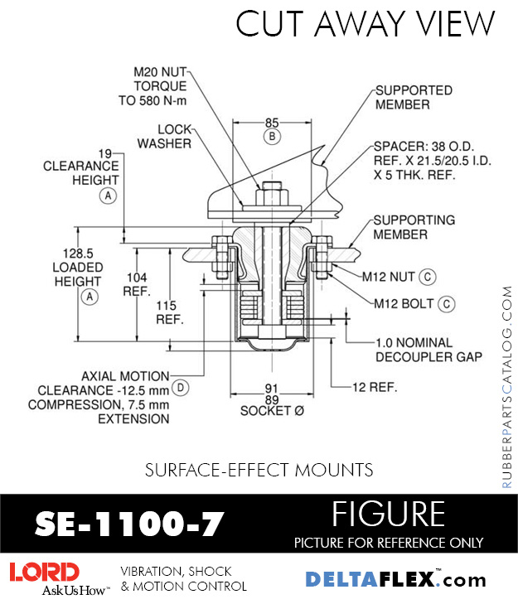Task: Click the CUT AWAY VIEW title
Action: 365,24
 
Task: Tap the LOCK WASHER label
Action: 164,136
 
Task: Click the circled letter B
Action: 272,136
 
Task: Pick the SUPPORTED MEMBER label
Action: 414,97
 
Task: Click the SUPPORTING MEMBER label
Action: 414,227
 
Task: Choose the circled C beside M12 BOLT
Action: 446,303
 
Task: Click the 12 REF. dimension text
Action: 375,387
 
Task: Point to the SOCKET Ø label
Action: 271,411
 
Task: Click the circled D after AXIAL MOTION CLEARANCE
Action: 180,387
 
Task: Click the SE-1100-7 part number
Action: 129,524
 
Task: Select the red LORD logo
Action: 45,572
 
